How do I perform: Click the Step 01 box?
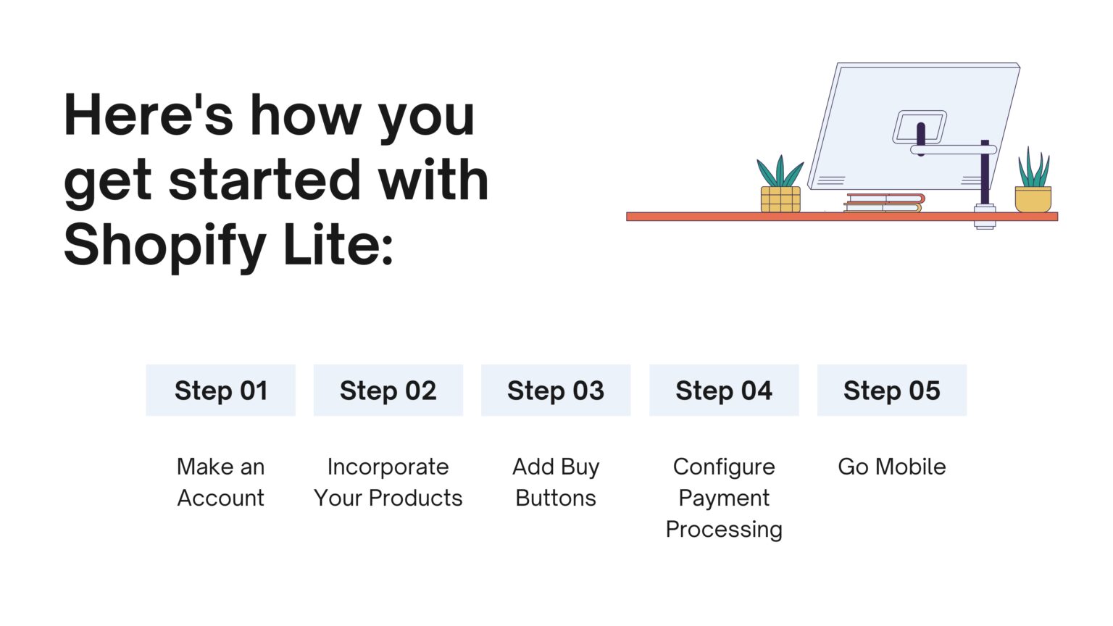[x=220, y=391]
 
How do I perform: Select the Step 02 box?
[x=388, y=391]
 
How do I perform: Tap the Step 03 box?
[x=556, y=391]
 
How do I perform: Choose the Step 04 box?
[x=724, y=391]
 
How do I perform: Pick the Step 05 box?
[x=891, y=391]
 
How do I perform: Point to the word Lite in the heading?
[x=338, y=245]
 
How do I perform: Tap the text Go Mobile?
[x=891, y=467]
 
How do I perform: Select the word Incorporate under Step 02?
[x=388, y=467]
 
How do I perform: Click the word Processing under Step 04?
[x=724, y=530]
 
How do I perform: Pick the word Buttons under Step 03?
[x=556, y=498]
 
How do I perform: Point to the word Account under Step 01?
[x=220, y=498]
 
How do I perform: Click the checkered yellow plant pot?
[x=780, y=199]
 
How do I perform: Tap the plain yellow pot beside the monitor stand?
[x=1033, y=199]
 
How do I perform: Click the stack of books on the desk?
[x=884, y=203]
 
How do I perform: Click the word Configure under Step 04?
[x=724, y=467]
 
